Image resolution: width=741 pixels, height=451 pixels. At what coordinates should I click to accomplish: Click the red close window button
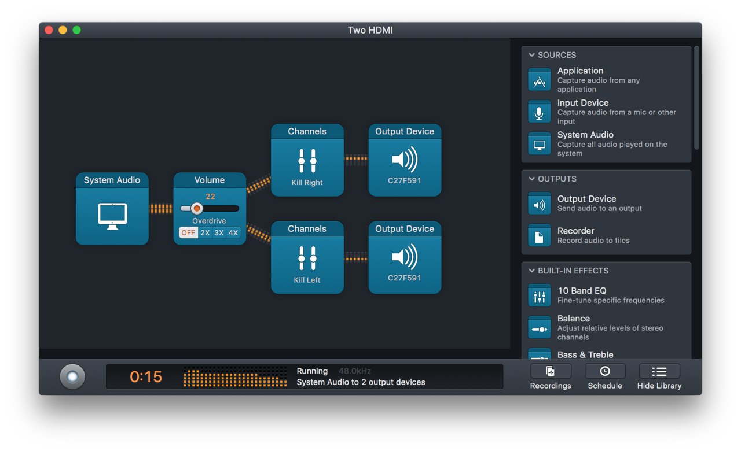49,30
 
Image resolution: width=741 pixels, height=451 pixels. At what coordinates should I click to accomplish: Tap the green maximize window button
77,30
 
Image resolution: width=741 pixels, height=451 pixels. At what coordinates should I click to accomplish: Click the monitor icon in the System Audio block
112,216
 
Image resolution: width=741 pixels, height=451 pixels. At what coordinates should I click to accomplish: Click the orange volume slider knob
197,209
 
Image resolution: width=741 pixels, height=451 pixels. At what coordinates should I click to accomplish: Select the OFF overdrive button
188,232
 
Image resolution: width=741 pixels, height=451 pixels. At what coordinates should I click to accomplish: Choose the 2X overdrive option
205,232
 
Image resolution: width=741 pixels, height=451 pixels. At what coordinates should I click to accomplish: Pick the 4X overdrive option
233,232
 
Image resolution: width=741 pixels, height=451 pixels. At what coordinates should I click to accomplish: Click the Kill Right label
307,183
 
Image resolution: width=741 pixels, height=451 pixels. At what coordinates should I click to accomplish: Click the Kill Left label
307,280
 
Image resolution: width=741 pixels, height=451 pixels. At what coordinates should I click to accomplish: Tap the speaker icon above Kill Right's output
405,160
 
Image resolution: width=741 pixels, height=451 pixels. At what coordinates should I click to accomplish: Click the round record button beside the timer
72,376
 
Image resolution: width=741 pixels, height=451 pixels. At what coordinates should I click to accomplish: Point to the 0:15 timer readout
146,376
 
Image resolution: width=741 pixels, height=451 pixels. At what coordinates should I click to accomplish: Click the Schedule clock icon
605,371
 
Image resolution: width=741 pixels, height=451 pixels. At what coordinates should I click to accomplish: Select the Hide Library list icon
659,372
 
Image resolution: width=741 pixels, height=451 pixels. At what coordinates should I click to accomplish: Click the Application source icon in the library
540,80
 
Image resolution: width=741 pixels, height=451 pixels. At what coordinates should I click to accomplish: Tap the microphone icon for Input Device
540,112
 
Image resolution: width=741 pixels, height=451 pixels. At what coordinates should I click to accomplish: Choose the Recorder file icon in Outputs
540,235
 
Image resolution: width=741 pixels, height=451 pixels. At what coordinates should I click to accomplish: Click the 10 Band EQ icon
540,295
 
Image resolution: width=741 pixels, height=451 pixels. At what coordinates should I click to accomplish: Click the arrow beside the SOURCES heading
531,55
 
